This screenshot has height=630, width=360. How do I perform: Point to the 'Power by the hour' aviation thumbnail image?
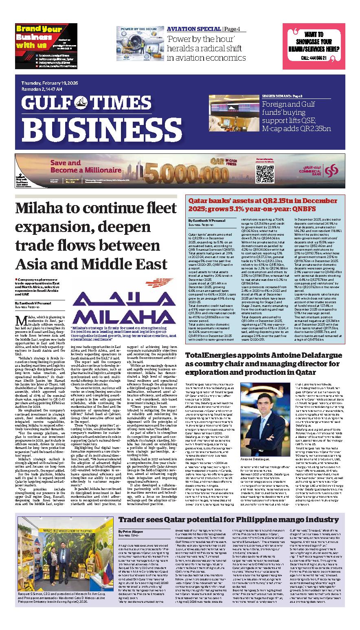coord(140,44)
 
